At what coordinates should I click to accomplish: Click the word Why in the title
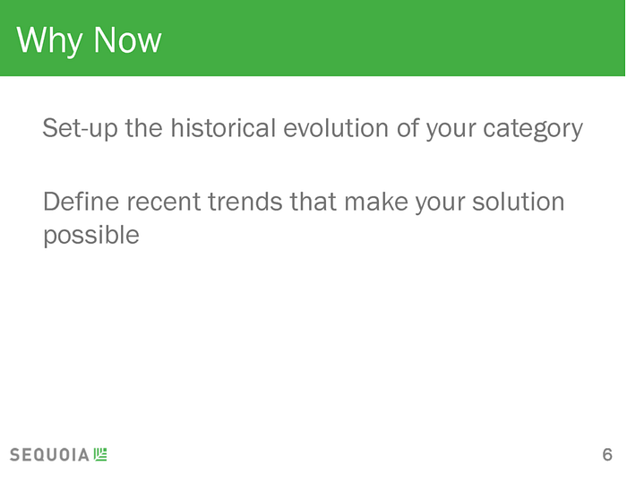pyautogui.click(x=49, y=40)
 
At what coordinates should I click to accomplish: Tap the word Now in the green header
pyautogui.click(x=127, y=39)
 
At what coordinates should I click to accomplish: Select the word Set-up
pyautogui.click(x=80, y=128)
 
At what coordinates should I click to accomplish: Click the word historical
pyautogui.click(x=223, y=127)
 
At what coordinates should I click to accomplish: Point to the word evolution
pyautogui.click(x=336, y=127)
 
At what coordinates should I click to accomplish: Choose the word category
pyautogui.click(x=533, y=130)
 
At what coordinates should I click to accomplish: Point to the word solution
pyautogui.click(x=519, y=201)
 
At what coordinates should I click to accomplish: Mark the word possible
pyautogui.click(x=91, y=235)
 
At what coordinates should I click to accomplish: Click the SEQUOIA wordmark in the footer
pyautogui.click(x=49, y=455)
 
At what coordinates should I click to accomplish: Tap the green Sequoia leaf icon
pyautogui.click(x=100, y=454)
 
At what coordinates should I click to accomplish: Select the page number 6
pyautogui.click(x=607, y=455)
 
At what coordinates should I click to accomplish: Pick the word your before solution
pyautogui.click(x=440, y=203)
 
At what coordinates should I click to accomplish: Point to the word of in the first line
pyautogui.click(x=407, y=127)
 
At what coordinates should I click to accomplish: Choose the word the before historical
pyautogui.click(x=144, y=127)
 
